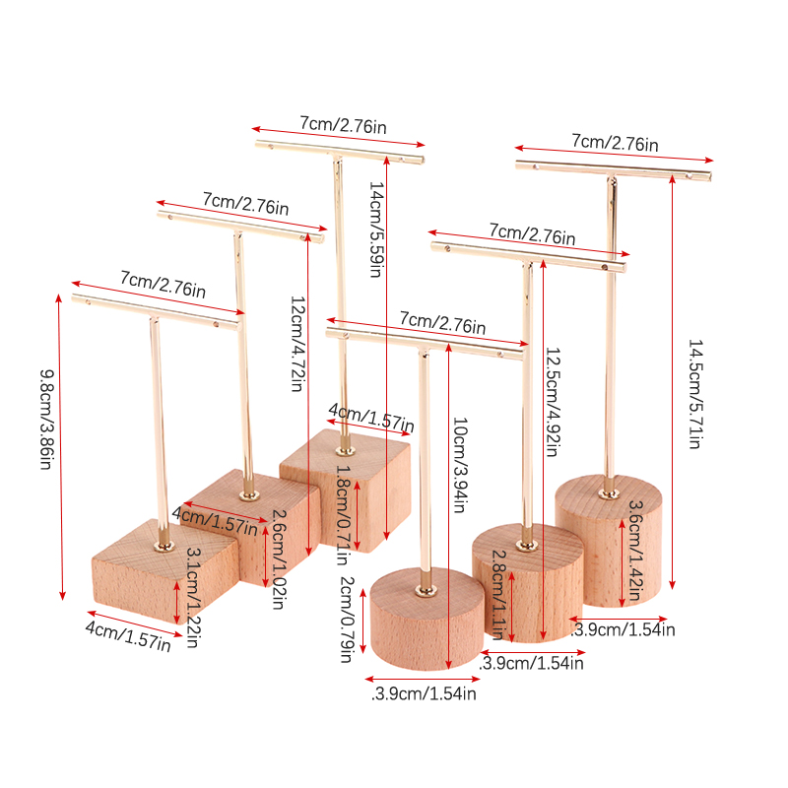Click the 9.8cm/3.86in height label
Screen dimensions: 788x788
pyautogui.click(x=46, y=420)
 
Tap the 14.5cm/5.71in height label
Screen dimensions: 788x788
pyautogui.click(x=695, y=394)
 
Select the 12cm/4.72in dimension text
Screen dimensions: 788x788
pyautogui.click(x=297, y=344)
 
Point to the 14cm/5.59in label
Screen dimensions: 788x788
pyautogui.click(x=376, y=230)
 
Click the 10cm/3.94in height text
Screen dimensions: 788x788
pyautogui.click(x=460, y=465)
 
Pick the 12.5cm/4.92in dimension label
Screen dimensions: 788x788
pyautogui.click(x=553, y=402)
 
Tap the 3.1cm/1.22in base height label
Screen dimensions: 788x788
pyautogui.click(x=193, y=597)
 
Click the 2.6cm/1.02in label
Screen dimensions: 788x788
pyautogui.click(x=279, y=559)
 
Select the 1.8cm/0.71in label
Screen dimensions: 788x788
pyautogui.click(x=342, y=514)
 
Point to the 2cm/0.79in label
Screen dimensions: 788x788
pyautogui.click(x=347, y=620)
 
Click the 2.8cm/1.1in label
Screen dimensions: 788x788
pyautogui.click(x=498, y=595)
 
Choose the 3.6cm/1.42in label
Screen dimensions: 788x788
pyautogui.click(x=635, y=551)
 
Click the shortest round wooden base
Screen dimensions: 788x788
pyautogui.click(x=427, y=620)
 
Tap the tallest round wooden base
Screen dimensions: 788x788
pyautogui.click(x=608, y=540)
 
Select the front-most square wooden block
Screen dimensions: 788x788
pyautogui.click(x=164, y=571)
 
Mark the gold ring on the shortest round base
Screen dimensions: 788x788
pyautogui.click(x=426, y=591)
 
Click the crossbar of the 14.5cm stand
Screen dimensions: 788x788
pyautogui.click(x=614, y=169)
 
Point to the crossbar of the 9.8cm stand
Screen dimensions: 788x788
pyautogui.click(x=157, y=312)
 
